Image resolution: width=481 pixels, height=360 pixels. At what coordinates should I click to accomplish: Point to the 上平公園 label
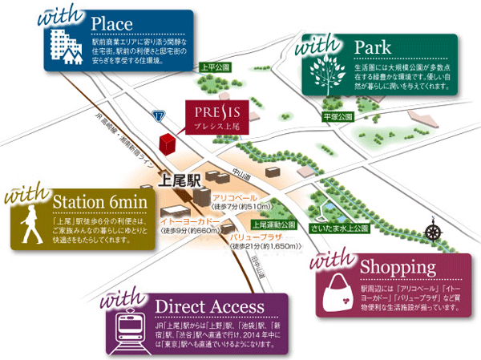[215, 68]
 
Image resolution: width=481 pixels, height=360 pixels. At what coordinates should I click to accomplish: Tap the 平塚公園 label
[338, 117]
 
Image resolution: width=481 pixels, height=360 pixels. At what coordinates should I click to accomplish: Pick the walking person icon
[30, 227]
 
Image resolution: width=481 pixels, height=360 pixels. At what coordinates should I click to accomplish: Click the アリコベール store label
[234, 197]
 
